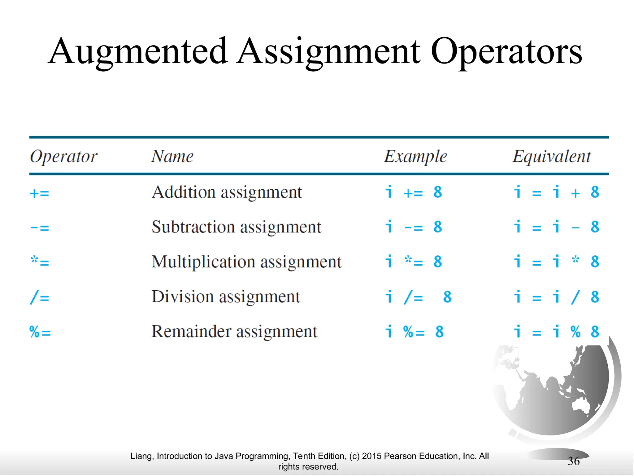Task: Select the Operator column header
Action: [x=63, y=156]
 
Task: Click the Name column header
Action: [x=172, y=156]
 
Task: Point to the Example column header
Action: [x=415, y=156]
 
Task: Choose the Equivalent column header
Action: [x=552, y=156]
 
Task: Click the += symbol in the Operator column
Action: [x=40, y=193]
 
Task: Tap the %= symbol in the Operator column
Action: [x=40, y=332]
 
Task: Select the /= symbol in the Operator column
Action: [x=40, y=297]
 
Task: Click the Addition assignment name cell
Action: [x=227, y=192]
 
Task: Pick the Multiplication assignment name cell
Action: [x=246, y=262]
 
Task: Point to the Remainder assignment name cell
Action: [x=234, y=332]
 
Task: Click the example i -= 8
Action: [x=414, y=227]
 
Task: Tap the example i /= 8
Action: [x=418, y=297]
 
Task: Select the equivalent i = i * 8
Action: [x=556, y=262]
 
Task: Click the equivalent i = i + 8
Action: [x=556, y=192]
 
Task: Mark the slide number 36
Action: [x=574, y=461]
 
